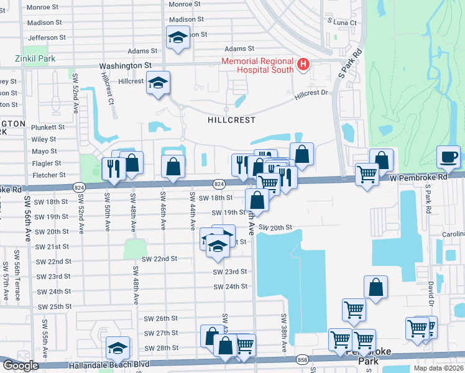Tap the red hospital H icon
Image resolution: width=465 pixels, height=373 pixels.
(x=303, y=63)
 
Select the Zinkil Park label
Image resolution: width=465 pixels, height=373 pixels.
(x=35, y=59)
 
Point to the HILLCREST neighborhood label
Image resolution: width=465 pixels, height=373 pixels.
(x=231, y=118)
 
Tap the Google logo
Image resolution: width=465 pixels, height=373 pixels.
(x=21, y=366)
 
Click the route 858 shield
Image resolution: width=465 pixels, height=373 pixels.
(x=302, y=360)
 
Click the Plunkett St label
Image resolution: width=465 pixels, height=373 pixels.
(x=44, y=127)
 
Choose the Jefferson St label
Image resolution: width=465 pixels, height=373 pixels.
(x=47, y=38)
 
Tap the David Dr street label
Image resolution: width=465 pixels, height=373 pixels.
(x=430, y=293)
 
